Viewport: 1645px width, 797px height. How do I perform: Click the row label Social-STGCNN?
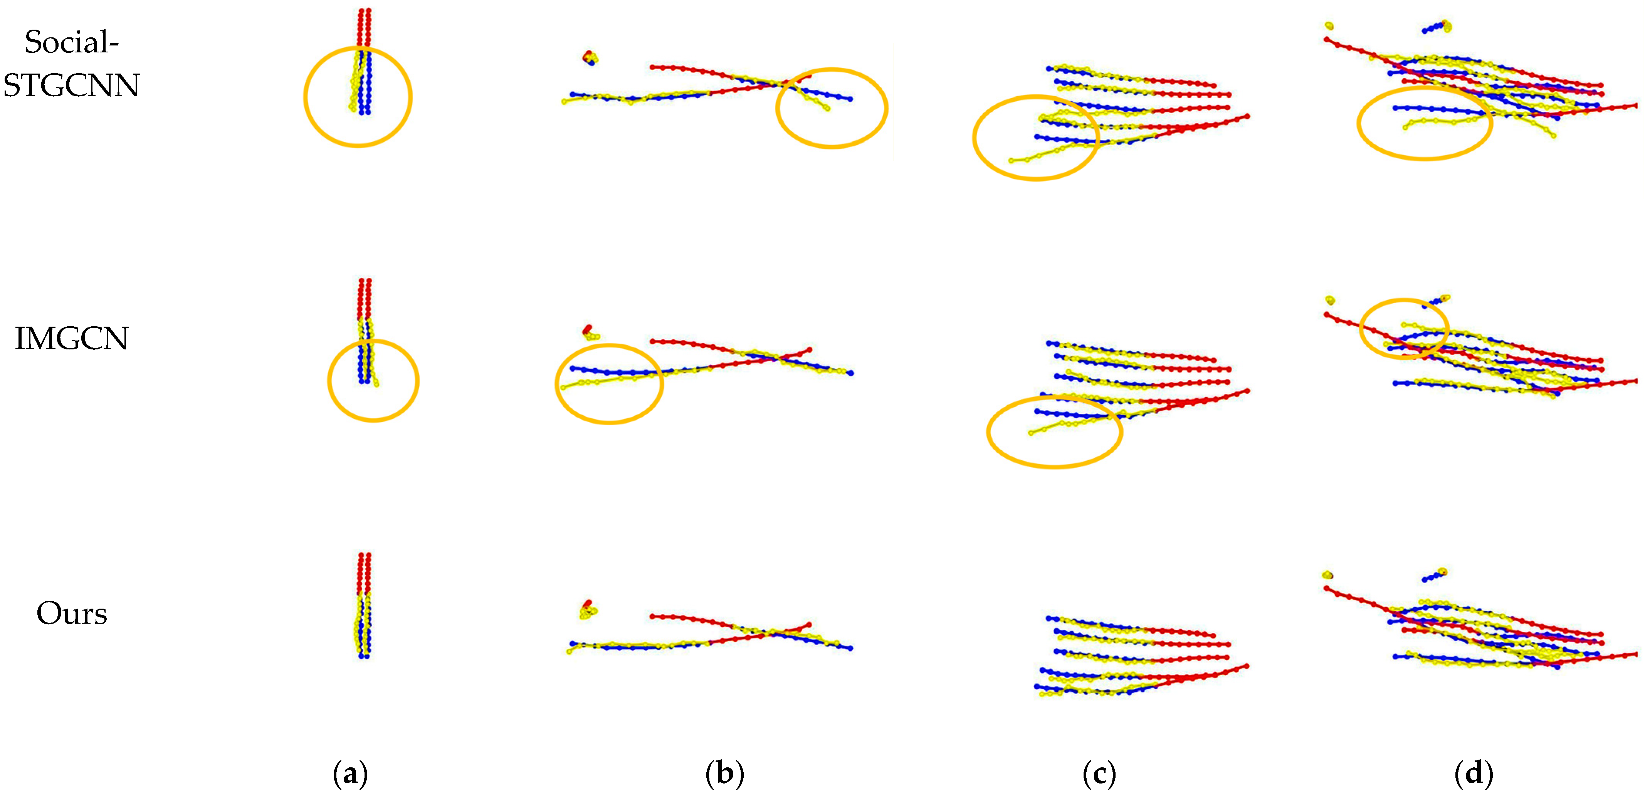[x=72, y=64]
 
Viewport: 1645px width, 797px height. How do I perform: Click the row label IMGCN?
[x=72, y=339]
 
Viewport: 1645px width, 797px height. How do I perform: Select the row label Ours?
[x=72, y=613]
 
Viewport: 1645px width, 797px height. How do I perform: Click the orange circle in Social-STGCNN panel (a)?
[x=305, y=97]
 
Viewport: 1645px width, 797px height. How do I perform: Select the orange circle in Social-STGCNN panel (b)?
[x=777, y=107]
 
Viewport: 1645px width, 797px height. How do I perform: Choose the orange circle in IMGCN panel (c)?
[x=988, y=432]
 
